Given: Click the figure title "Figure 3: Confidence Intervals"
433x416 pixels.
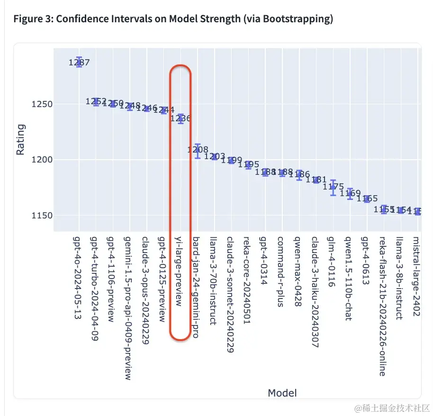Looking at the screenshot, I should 173,19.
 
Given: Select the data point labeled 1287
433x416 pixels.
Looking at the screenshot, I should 79,62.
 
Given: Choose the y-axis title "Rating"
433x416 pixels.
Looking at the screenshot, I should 21,139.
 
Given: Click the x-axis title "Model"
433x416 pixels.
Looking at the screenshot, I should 282,393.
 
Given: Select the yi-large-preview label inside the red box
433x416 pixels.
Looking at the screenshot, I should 180,271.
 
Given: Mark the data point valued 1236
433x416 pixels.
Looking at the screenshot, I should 180,118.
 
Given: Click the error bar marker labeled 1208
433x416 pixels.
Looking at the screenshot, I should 198,150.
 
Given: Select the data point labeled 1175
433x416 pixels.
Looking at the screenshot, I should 333,187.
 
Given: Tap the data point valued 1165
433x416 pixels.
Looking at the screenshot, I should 367,199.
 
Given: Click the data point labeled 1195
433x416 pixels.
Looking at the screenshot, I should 248,164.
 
